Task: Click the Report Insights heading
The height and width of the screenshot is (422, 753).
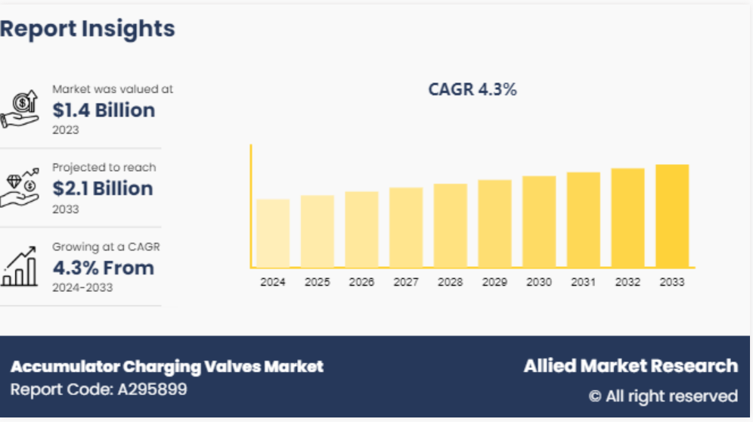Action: click(x=88, y=29)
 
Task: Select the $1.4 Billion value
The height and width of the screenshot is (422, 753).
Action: click(x=104, y=110)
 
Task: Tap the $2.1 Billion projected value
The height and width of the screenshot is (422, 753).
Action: click(x=103, y=189)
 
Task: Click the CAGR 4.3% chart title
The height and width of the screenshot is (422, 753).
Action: click(x=473, y=89)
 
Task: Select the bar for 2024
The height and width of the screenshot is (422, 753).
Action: click(x=273, y=233)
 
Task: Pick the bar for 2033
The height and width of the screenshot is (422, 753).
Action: click(x=672, y=216)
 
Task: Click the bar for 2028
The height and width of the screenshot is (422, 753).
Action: click(x=451, y=225)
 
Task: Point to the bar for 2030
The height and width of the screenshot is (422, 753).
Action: click(x=539, y=222)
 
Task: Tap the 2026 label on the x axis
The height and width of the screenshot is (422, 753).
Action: click(x=361, y=282)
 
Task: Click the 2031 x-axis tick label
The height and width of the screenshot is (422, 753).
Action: click(x=583, y=282)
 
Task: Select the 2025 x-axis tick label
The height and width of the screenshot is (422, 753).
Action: click(x=318, y=282)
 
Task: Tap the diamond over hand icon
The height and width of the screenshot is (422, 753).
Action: click(x=20, y=188)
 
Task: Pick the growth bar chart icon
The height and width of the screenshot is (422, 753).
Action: click(x=20, y=267)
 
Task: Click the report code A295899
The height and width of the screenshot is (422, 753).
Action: click(x=99, y=390)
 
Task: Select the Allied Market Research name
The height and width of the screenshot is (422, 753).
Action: click(x=631, y=366)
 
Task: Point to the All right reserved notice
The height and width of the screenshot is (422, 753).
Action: click(x=663, y=396)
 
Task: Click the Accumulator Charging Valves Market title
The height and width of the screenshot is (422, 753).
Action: click(x=167, y=367)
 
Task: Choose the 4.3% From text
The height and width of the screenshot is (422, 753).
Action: click(x=103, y=268)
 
